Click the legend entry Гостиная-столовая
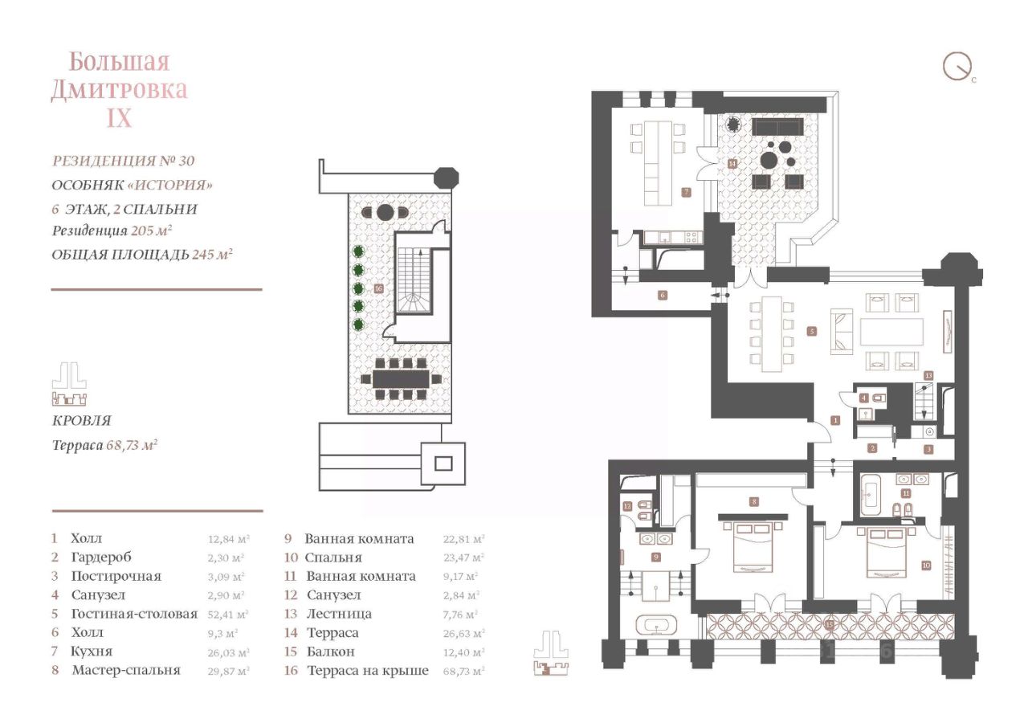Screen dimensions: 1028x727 pyautogui.click(x=133, y=615)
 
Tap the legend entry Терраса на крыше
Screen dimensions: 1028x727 pyautogui.click(x=367, y=671)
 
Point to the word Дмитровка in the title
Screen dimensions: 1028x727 pyautogui.click(x=119, y=89)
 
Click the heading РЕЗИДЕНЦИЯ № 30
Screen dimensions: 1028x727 pyautogui.click(x=123, y=161)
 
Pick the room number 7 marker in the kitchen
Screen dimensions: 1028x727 pyautogui.click(x=686, y=192)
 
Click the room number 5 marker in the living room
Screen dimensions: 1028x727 pyautogui.click(x=812, y=330)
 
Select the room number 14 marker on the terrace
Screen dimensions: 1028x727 pyautogui.click(x=732, y=163)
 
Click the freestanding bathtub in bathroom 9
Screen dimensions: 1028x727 pyautogui.click(x=656, y=627)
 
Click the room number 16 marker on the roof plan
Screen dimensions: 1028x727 pyautogui.click(x=378, y=288)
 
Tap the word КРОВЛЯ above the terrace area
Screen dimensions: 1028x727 pyautogui.click(x=81, y=421)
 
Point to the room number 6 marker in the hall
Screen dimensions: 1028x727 pyautogui.click(x=663, y=295)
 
